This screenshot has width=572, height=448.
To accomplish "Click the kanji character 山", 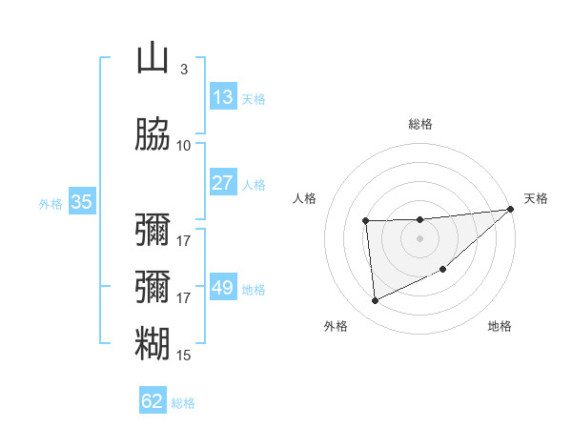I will pos(153,59).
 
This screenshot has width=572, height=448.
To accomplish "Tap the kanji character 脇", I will pos(153,135).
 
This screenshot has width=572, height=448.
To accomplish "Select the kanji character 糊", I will pos(153,344).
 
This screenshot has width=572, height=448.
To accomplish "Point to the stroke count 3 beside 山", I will pos(183,69).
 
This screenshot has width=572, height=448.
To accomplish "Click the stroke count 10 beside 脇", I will pos(184,145).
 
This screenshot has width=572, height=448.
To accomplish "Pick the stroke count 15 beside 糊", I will pos(184,355).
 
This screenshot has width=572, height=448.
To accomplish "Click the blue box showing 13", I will pos(223,97).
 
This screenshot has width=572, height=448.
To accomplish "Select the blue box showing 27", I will pos(223,183).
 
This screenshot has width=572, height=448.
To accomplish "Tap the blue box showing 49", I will pos(223,288).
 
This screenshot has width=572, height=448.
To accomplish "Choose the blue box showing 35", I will pos(82,202).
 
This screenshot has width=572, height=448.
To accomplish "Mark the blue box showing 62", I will pos(153,401).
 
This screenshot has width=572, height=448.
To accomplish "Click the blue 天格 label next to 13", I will pos(254,99).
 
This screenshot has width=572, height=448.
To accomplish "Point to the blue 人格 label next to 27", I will pos(254,185).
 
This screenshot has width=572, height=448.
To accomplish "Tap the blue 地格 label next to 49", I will pos(254,290).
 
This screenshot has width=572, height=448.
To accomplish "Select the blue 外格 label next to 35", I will pos(51,203).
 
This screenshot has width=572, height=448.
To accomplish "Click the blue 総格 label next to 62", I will pos(183,403).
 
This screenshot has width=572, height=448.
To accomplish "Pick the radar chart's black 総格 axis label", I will pos(420,124).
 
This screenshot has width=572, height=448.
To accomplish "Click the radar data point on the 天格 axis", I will pos(510,210).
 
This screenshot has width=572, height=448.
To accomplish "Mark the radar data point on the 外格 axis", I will pos(376,301).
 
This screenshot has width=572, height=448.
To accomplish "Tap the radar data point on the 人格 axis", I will pos(366,221).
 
